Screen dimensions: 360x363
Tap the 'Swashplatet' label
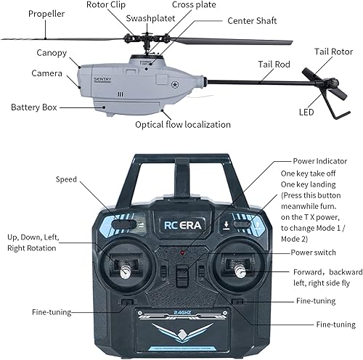(x=149, y=18)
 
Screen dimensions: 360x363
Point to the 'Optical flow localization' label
(x=183, y=124)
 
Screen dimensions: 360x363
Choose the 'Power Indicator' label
(x=319, y=160)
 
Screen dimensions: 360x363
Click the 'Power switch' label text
(x=314, y=252)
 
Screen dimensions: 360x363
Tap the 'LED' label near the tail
(x=306, y=112)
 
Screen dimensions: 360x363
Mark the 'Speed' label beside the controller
(x=68, y=179)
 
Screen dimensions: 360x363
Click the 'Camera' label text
(x=46, y=73)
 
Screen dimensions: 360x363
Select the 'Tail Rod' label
(x=274, y=65)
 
